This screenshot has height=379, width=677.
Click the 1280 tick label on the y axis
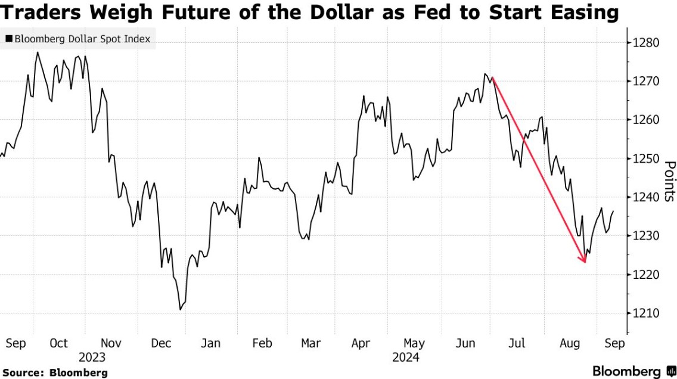pyautogui.click(x=647, y=43)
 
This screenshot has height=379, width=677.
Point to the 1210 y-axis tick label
pyautogui.click(x=647, y=313)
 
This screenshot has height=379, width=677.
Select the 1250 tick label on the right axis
pyautogui.click(x=647, y=159)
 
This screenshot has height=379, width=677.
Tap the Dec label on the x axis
pyautogui.click(x=162, y=343)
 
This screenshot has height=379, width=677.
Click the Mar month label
pyautogui.click(x=310, y=343)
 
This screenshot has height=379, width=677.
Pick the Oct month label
pyautogui.click(x=58, y=343)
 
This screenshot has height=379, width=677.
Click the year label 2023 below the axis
pyautogui.click(x=91, y=358)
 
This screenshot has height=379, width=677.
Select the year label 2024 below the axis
pyautogui.click(x=406, y=358)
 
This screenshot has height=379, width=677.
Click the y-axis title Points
pyautogui.click(x=669, y=181)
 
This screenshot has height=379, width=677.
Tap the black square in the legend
pyautogui.click(x=9, y=40)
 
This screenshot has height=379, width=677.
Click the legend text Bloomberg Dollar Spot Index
pyautogui.click(x=82, y=40)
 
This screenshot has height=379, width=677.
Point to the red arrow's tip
pyautogui.click(x=585, y=262)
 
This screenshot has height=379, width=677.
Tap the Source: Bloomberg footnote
pyautogui.click(x=55, y=372)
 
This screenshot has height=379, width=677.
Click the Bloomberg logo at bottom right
pyautogui.click(x=632, y=370)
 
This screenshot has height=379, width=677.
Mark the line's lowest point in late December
pyautogui.click(x=180, y=309)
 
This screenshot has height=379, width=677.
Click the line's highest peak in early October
pyautogui.click(x=38, y=52)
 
